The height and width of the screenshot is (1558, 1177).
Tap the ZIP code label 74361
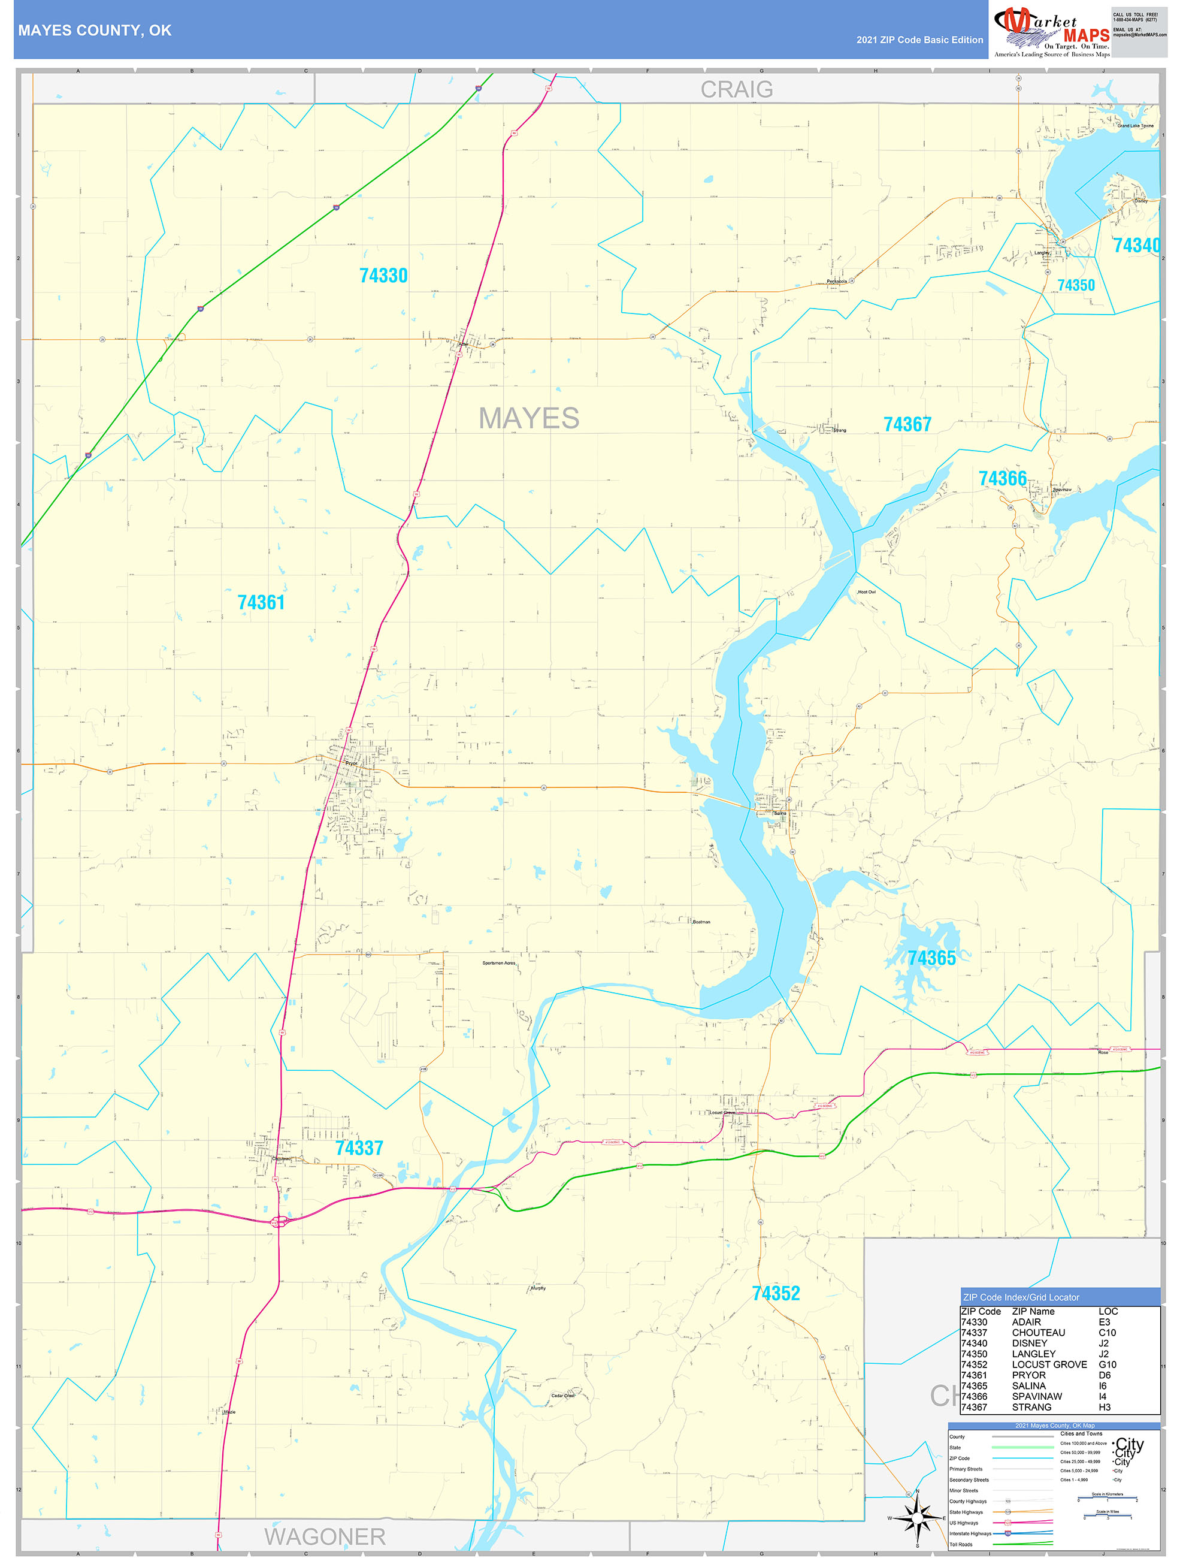pos(261,602)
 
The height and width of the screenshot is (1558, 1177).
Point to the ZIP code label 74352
pos(776,1293)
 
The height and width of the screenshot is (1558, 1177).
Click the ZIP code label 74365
pos(931,958)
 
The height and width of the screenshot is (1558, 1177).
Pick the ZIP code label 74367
pos(907,424)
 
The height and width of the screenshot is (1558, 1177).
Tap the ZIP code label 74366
pos(1003,478)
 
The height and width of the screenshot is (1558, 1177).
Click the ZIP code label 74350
pos(1076,285)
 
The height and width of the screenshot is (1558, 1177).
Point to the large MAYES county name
pos(529,418)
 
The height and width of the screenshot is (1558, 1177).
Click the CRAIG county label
pos(736,89)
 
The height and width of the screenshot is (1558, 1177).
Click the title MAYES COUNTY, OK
pos(95,31)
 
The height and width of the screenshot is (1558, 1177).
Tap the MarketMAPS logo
pos(1051,32)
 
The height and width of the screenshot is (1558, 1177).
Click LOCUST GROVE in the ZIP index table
pos(1049,1364)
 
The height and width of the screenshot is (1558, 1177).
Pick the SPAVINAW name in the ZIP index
pos(1036,1396)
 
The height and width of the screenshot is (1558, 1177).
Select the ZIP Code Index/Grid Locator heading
pos(1021,1297)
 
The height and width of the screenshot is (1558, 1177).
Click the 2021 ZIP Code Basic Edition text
pos(919,40)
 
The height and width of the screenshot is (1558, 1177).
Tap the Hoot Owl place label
pos(867,591)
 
